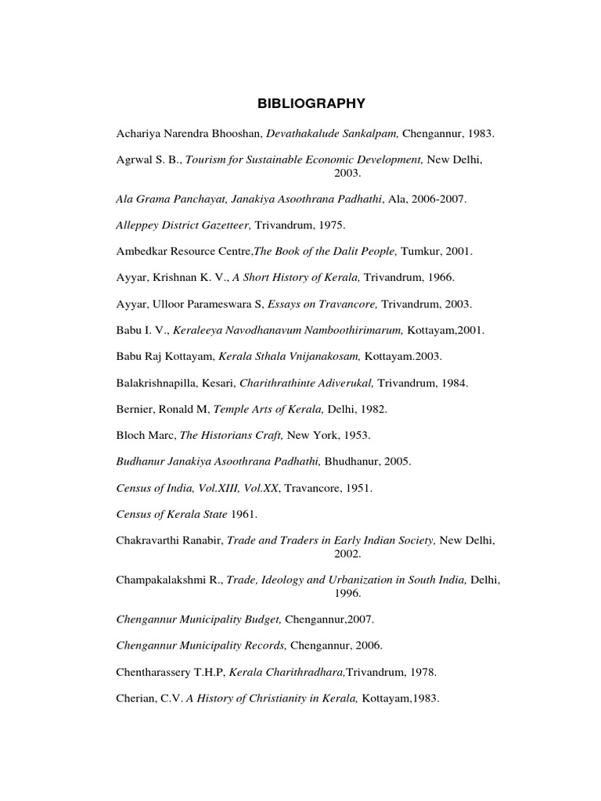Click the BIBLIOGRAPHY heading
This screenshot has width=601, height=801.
point(301,102)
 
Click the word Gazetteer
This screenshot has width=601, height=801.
point(222,224)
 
